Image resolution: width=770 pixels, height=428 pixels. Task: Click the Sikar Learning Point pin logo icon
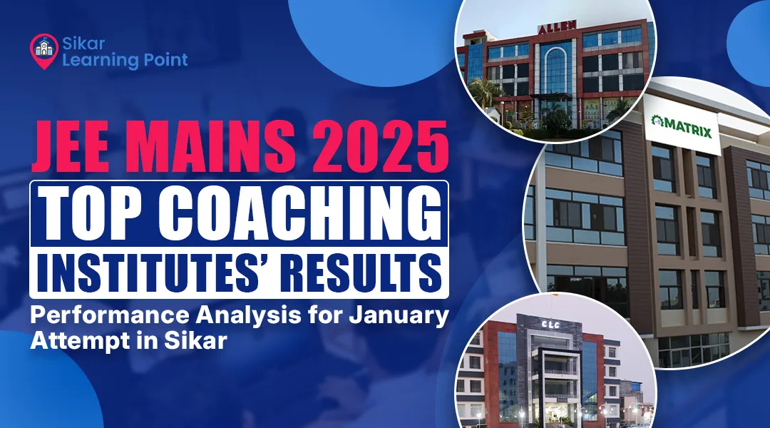coord(43,48)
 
